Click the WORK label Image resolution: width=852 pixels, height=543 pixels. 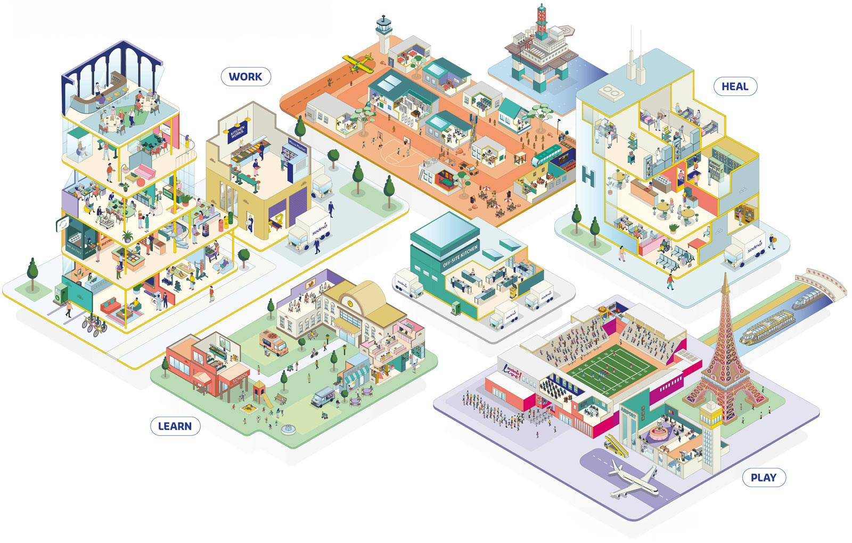245,76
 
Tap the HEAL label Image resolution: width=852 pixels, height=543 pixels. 734,86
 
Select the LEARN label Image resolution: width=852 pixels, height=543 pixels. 175,426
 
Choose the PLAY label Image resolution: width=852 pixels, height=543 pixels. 763,477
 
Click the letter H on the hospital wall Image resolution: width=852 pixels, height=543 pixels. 588,176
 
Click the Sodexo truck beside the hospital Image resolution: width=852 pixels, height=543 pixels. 745,249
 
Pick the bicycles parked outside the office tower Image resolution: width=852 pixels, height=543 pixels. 93,325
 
